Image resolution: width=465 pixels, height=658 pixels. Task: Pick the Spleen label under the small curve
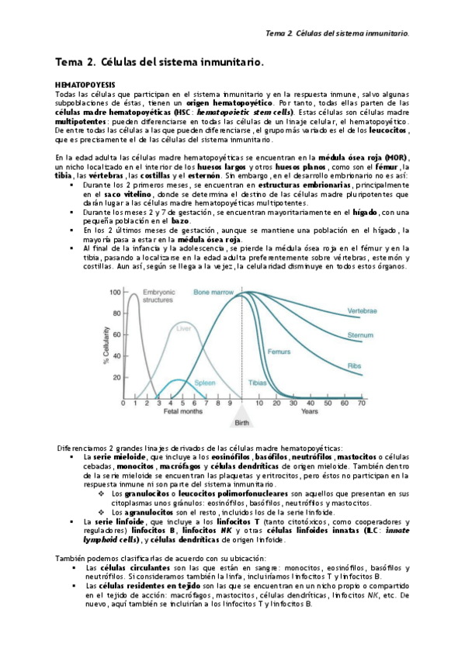tap(205, 383)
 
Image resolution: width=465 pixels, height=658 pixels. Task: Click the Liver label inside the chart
tap(183, 328)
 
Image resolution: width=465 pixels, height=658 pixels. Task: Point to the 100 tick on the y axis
tap(115, 293)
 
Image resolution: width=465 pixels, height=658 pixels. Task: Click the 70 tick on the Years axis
tap(362, 403)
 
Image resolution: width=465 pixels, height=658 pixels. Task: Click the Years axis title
tap(309, 413)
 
